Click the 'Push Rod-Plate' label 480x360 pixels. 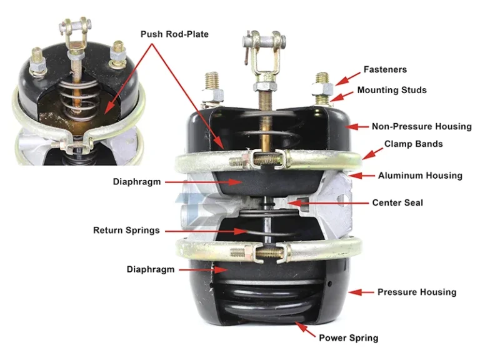(x=174, y=34)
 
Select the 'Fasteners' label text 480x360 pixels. (x=386, y=70)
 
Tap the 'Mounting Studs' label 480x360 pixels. (x=392, y=91)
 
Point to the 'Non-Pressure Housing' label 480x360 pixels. (x=421, y=126)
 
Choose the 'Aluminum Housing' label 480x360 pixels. (x=420, y=176)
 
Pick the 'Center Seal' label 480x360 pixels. (x=397, y=202)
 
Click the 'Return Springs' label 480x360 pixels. (x=126, y=231)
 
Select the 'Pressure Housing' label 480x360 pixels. (x=417, y=292)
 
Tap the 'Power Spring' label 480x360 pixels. (x=348, y=338)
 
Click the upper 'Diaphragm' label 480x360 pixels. (x=137, y=182)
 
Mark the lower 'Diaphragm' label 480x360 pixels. (x=151, y=270)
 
